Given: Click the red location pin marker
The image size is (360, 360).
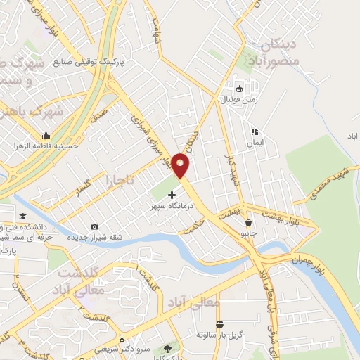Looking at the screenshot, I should click(x=181, y=165).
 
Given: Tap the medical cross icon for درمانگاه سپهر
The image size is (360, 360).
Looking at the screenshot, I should click(x=173, y=194).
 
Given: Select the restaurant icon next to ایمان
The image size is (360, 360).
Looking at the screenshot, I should click(x=255, y=131).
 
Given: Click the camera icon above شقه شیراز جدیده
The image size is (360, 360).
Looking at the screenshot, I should click(x=95, y=226).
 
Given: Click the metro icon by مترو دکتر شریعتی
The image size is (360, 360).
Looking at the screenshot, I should click(x=122, y=337).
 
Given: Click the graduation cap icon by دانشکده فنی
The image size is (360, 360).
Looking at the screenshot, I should click(x=22, y=216).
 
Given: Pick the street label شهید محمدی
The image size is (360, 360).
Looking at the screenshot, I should click(x=331, y=183).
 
